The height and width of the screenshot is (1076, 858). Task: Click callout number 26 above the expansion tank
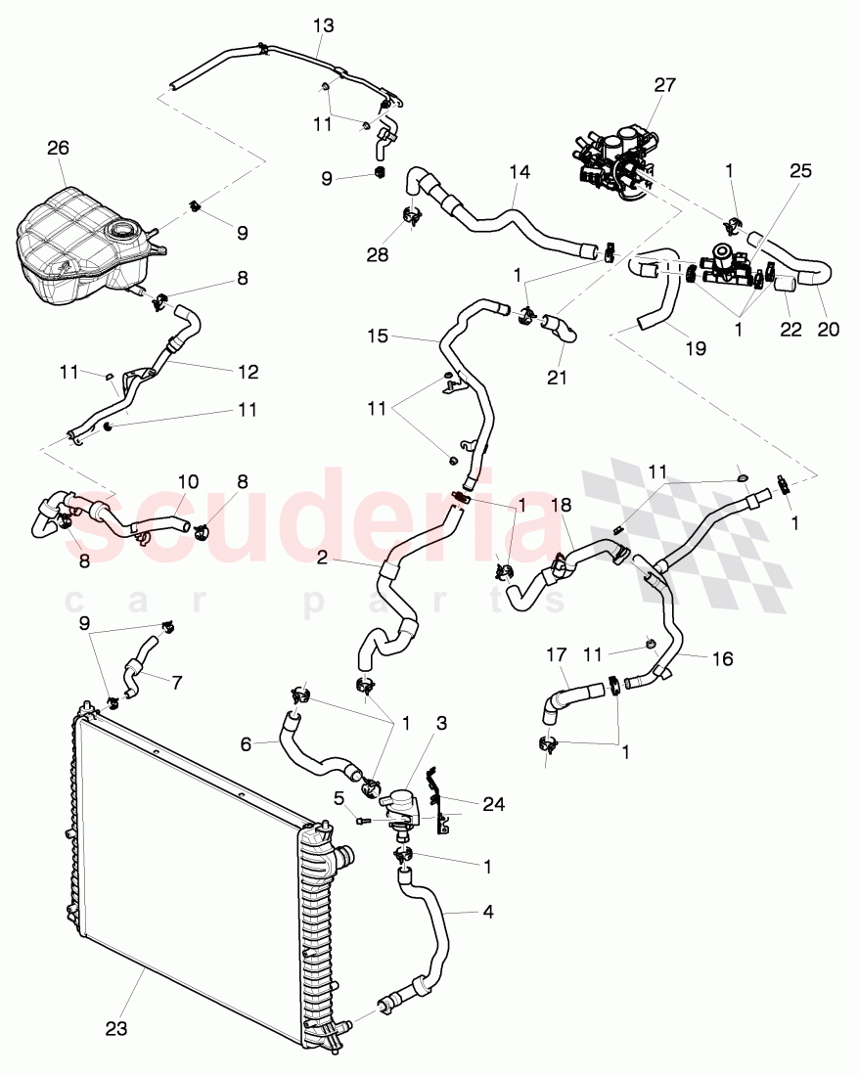58,149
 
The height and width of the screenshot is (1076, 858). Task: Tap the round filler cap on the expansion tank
124,232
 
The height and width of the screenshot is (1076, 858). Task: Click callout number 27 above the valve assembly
664,85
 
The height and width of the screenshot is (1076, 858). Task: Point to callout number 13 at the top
324,25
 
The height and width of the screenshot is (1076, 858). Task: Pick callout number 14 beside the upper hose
519,170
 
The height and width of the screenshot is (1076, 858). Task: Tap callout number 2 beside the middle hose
322,560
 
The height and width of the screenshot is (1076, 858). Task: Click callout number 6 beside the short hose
247,744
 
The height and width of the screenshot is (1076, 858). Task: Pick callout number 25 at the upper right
801,169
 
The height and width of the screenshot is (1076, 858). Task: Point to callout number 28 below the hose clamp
377,254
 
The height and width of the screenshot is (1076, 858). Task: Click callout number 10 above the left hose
187,482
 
